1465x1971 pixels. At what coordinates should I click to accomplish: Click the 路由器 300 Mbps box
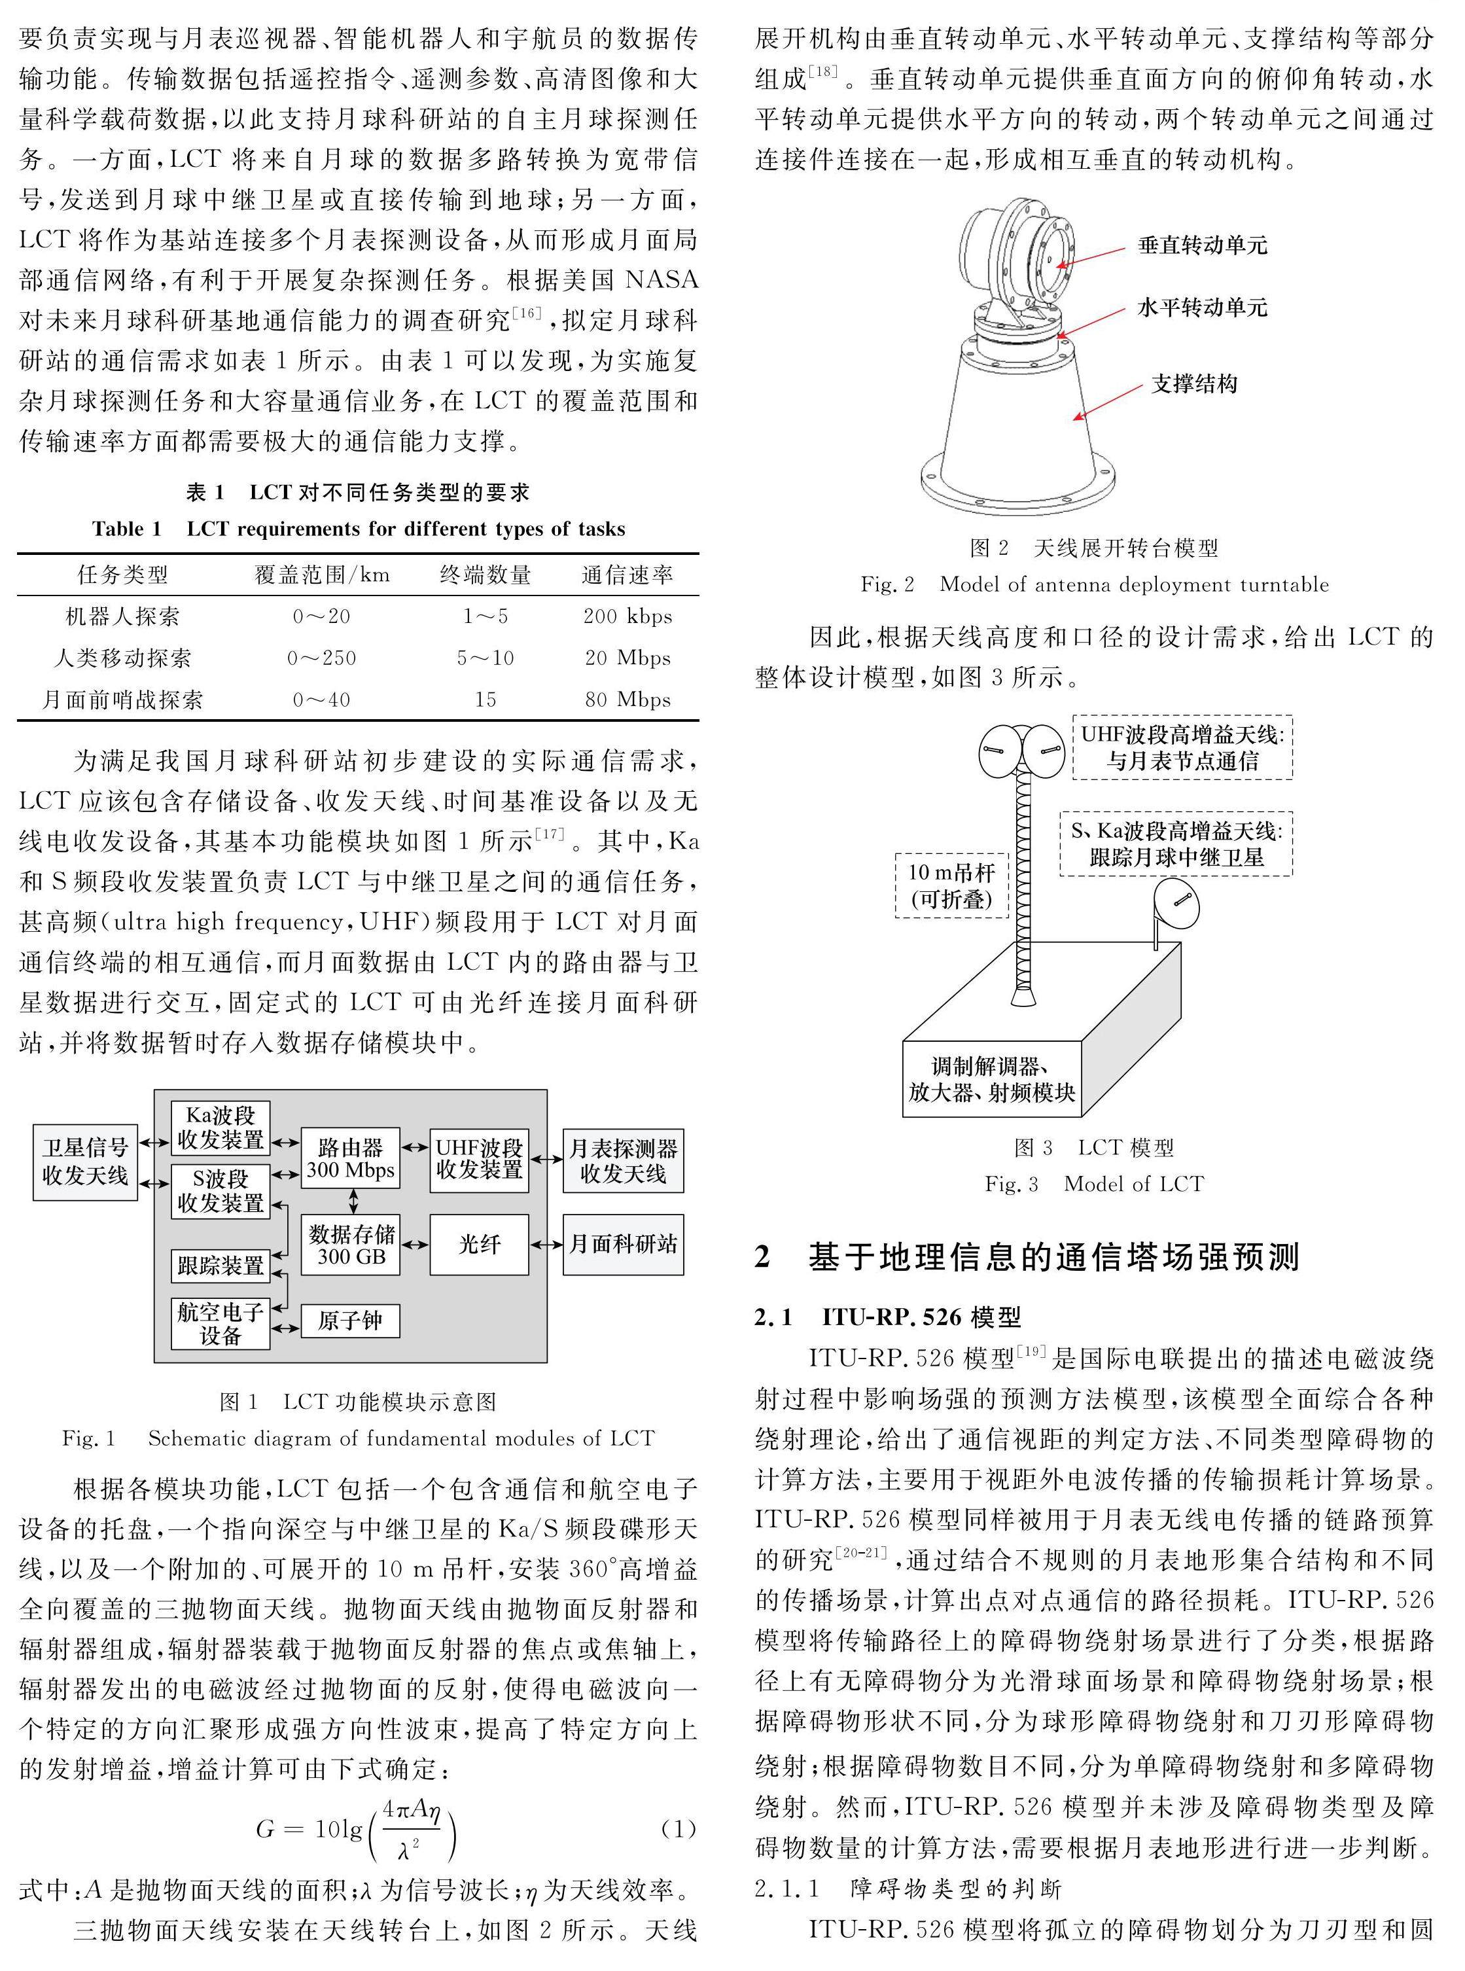click(350, 1158)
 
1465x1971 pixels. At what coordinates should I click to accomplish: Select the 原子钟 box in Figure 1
click(350, 1320)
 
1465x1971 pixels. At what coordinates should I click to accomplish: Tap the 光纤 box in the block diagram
click(479, 1244)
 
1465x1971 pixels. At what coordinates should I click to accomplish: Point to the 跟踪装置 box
click(220, 1264)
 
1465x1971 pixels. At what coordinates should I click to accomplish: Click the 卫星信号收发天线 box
click(85, 1162)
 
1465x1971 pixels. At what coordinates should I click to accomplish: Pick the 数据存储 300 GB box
click(350, 1244)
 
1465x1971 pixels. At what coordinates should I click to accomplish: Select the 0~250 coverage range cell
click(321, 658)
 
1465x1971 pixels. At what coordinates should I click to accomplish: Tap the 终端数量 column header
click(485, 575)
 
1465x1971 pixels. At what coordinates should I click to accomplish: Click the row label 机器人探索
click(122, 616)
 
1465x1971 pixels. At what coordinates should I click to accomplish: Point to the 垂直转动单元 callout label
click(1203, 245)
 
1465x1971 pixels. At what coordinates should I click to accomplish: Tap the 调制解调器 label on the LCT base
click(991, 1079)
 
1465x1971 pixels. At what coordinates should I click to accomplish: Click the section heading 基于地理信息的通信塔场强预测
click(1053, 1257)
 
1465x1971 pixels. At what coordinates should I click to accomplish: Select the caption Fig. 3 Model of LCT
click(1094, 1184)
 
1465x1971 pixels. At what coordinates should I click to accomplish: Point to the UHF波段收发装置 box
click(479, 1158)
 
